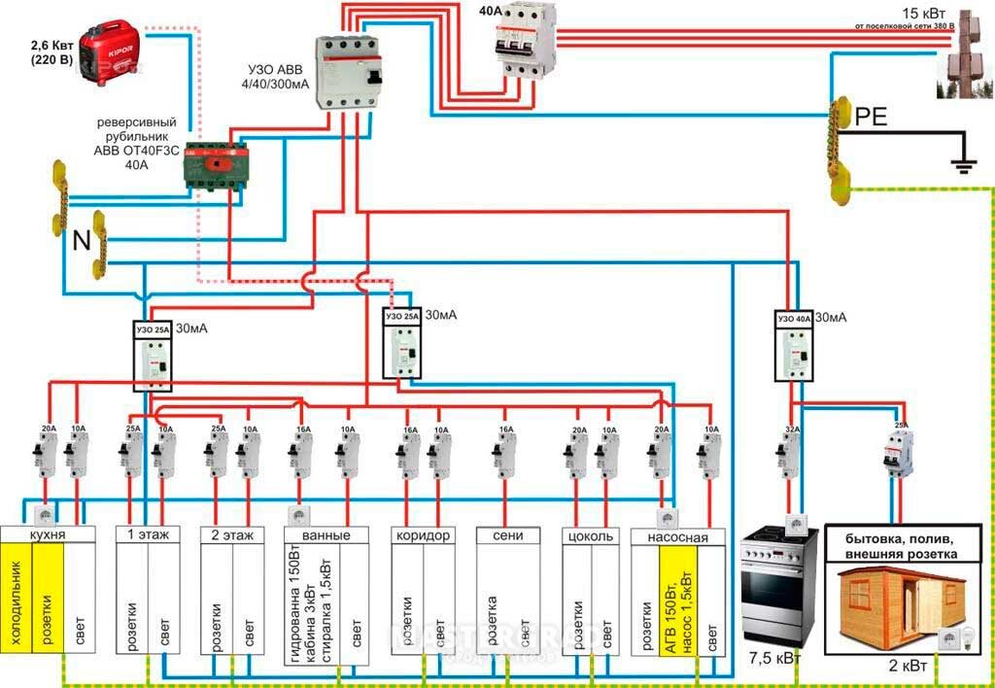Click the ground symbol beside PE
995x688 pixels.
(963, 161)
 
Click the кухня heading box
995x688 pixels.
(48, 535)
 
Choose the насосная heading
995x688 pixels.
(677, 535)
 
